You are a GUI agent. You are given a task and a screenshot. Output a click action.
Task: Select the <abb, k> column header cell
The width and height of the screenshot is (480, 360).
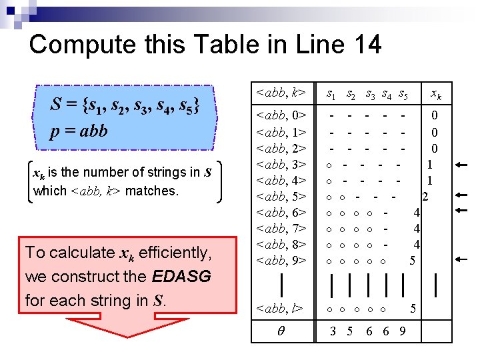click(281, 91)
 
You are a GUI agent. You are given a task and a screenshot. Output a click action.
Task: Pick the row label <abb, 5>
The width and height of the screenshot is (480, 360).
click(281, 196)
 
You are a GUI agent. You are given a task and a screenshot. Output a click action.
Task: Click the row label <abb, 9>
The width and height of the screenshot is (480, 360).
click(281, 260)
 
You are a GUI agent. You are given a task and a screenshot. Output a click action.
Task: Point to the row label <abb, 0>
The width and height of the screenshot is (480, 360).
click(281, 116)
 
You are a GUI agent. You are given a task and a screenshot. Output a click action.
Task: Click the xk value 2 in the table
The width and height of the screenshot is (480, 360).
click(425, 196)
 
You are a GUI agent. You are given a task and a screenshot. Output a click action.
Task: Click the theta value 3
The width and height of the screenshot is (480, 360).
click(333, 331)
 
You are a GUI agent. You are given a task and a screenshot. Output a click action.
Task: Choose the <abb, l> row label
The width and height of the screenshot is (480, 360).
click(281, 308)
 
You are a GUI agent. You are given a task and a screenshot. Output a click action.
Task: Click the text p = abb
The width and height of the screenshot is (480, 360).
click(79, 131)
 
